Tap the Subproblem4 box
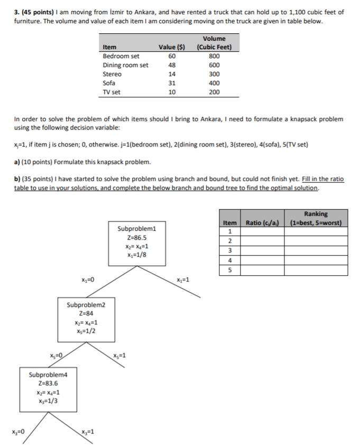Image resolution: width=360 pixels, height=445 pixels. (x=48, y=389)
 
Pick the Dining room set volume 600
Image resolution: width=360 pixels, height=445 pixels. (x=214, y=65)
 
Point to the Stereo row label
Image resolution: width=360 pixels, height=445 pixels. (x=112, y=74)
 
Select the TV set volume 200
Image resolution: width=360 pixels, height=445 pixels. (x=214, y=92)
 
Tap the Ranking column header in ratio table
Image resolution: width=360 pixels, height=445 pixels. (x=316, y=218)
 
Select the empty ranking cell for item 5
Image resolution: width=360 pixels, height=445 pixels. (x=316, y=270)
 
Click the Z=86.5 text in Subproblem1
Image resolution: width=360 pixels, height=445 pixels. (x=137, y=238)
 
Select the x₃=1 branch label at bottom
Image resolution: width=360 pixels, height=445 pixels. (x=88, y=432)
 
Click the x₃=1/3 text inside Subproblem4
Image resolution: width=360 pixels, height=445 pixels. (x=48, y=401)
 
